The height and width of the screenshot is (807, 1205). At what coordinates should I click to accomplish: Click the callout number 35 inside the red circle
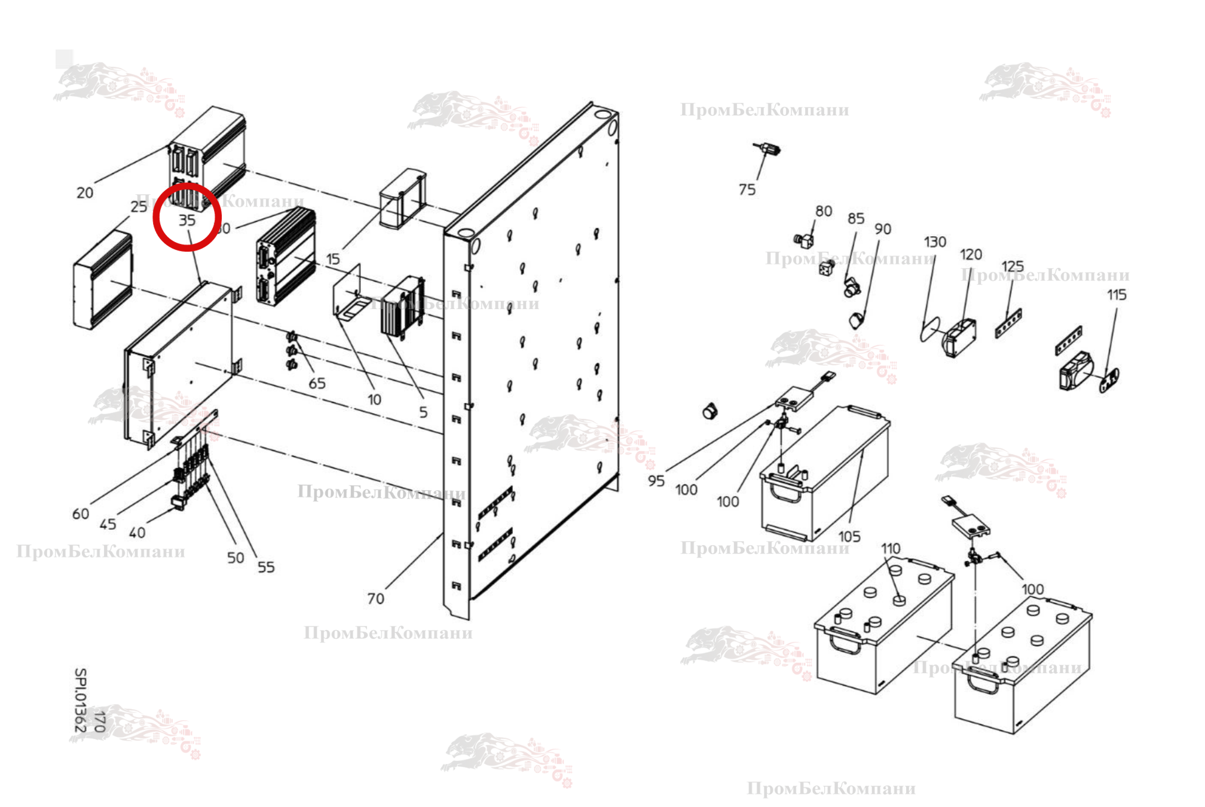point(187,220)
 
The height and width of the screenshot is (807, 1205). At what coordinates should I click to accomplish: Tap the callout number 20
point(85,192)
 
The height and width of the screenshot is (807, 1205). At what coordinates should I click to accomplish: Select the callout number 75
point(747,189)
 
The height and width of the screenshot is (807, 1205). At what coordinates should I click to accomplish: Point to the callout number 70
point(375,598)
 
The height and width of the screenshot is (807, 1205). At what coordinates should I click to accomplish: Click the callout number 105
point(849,536)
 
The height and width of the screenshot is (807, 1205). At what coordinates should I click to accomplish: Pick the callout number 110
point(891,548)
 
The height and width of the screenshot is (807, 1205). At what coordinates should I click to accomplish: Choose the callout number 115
point(1116,295)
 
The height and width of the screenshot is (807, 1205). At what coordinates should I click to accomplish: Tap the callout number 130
point(935,242)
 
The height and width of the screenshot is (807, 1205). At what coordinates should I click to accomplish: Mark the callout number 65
point(317,383)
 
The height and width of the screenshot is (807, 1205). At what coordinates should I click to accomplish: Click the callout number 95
point(656,481)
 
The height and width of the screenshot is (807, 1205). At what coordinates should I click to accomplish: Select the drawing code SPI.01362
point(80,699)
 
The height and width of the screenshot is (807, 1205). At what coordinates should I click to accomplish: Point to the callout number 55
point(266,567)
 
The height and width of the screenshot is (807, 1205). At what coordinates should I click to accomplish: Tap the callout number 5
point(423,412)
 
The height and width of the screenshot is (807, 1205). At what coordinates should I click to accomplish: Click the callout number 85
point(856,219)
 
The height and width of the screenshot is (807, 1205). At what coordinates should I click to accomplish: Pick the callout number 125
point(1013,266)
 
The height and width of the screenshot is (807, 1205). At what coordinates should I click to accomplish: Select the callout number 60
point(81,513)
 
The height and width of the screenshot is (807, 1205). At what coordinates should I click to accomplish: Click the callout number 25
point(139,206)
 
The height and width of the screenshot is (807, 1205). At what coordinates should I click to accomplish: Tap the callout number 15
point(333,259)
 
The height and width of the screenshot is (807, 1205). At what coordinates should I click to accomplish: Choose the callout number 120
point(971,255)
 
